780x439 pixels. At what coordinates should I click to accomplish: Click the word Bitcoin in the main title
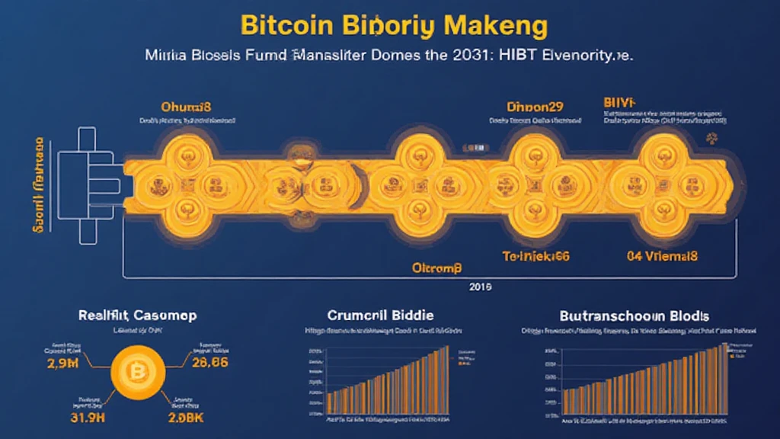click(x=287, y=24)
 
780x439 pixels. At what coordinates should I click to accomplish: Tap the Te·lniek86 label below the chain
click(x=535, y=257)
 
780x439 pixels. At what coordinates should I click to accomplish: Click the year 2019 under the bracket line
click(x=481, y=287)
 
